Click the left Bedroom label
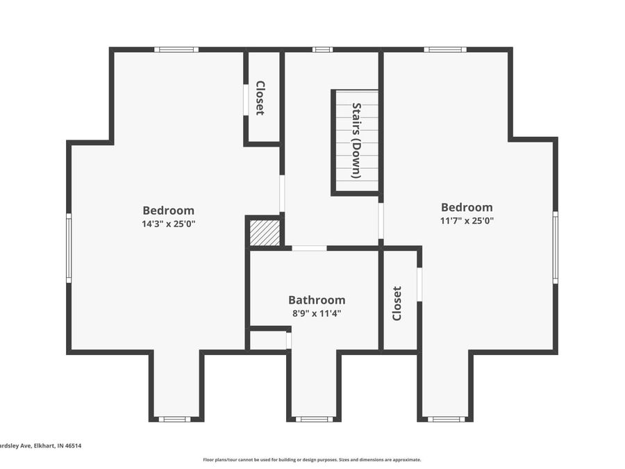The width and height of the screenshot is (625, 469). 168,211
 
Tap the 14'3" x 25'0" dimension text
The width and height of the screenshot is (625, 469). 168,224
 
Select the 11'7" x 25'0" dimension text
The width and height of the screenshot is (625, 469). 467,220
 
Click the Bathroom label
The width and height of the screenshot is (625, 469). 317,300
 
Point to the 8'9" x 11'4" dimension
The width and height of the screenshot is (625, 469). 317,313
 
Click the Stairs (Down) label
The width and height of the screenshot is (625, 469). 356,140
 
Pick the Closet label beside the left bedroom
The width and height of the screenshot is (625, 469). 260,98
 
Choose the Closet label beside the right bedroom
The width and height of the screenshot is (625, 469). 397,303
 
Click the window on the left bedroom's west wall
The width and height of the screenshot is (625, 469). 69,247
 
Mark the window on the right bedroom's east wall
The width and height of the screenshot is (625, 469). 556,247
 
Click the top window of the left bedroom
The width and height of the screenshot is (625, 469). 176,49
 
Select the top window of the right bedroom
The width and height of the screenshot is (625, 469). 444,49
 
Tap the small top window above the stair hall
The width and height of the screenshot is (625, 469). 322,49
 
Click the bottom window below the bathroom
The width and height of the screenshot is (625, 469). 314,419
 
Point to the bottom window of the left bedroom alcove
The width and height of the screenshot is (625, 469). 174,419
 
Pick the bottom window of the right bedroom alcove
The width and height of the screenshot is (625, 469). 446,419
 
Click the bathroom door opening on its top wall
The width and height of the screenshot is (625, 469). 309,248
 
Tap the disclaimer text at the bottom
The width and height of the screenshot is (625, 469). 312,459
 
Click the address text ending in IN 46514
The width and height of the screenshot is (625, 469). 40,446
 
